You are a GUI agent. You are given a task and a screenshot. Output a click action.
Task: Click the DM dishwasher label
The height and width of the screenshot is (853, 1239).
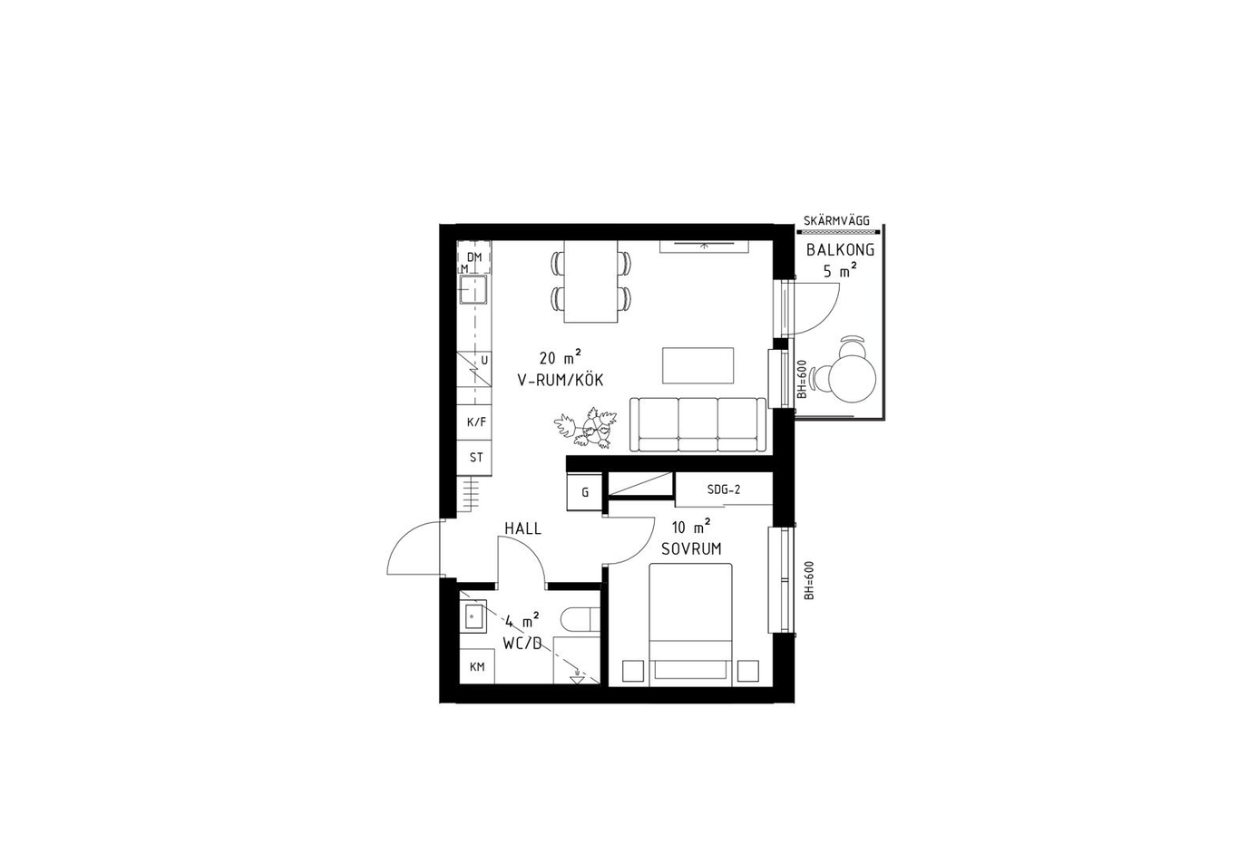click(474, 257)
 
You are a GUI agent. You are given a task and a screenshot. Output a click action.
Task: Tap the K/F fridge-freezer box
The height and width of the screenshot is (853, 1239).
click(474, 422)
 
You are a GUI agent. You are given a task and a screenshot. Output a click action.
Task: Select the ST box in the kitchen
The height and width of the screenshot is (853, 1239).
click(474, 458)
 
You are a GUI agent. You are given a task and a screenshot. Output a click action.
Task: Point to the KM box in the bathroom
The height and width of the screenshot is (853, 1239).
click(477, 666)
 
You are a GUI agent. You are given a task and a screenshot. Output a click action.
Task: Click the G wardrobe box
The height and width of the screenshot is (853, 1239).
click(585, 492)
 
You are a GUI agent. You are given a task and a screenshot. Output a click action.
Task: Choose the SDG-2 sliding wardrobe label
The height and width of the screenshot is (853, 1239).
click(724, 490)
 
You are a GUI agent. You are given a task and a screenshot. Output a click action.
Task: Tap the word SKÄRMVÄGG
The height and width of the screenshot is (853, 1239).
click(836, 221)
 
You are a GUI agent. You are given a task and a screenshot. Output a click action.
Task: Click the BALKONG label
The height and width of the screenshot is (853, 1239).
click(840, 250)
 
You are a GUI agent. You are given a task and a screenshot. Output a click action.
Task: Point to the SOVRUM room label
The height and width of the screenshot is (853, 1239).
click(691, 549)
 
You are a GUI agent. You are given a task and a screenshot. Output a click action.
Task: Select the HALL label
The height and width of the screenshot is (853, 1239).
click(522, 528)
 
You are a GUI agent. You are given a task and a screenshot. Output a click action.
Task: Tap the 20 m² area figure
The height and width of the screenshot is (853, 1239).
click(561, 357)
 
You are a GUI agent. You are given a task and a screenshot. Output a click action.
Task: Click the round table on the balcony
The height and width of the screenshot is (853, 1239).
click(853, 379)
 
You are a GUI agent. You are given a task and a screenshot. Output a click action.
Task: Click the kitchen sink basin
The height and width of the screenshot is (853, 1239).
click(473, 290)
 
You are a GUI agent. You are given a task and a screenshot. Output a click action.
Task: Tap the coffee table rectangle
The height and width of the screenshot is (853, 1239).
click(698, 365)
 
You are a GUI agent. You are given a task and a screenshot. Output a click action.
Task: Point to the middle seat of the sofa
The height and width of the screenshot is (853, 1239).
click(698, 424)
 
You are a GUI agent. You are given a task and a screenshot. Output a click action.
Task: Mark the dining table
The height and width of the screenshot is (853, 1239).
click(590, 281)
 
